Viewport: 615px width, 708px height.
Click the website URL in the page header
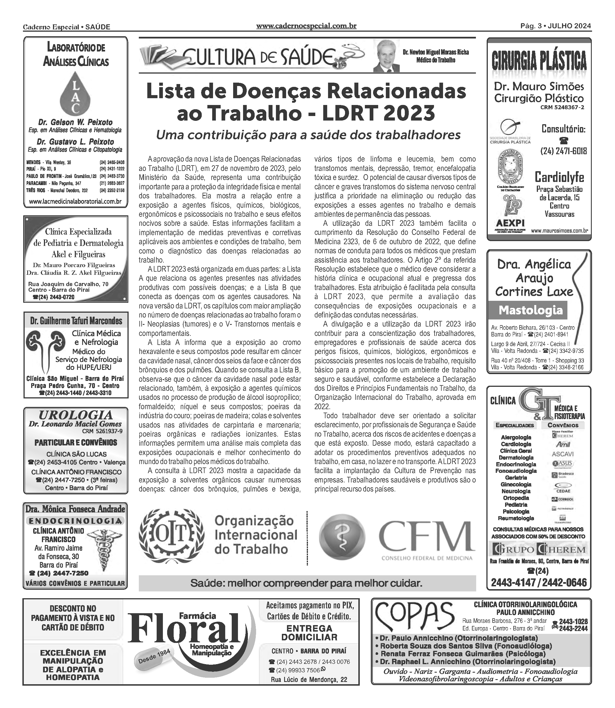(x=306, y=26)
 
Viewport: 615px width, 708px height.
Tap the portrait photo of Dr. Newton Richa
(x=386, y=56)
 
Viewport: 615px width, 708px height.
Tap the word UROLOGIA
(x=76, y=415)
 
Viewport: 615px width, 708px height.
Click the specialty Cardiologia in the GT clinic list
(x=516, y=444)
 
